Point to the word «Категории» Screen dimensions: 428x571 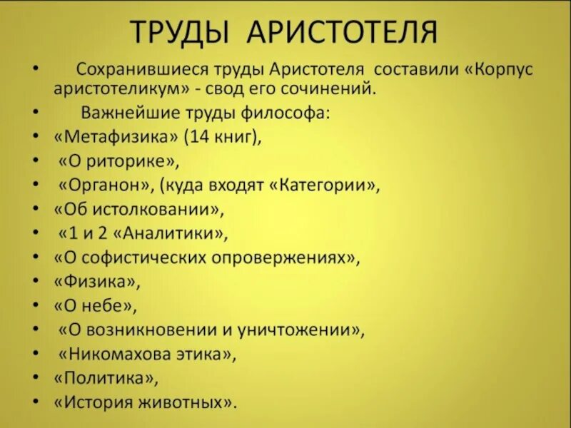325,185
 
